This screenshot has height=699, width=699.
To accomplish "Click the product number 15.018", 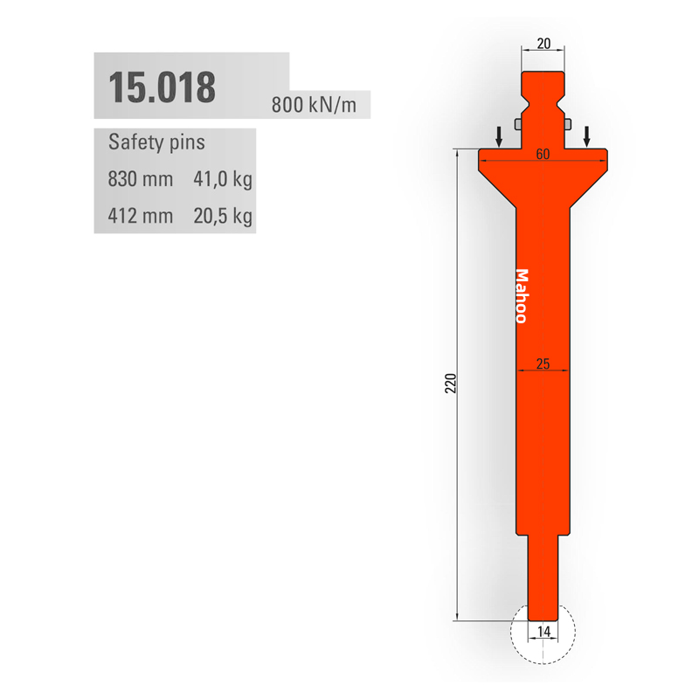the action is pyautogui.click(x=163, y=87).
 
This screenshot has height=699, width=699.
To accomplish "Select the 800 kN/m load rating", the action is pyautogui.click(x=314, y=105).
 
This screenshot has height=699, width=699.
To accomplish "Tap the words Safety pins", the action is pyautogui.click(x=156, y=142).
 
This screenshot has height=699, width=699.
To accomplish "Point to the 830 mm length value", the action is pyautogui.click(x=141, y=179).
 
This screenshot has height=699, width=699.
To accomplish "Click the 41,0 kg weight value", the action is pyautogui.click(x=223, y=179).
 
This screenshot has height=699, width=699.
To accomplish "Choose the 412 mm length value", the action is pyautogui.click(x=141, y=216).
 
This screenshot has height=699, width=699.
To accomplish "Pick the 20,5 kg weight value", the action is pyautogui.click(x=223, y=216).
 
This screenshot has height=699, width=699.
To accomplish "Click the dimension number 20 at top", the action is pyautogui.click(x=543, y=44).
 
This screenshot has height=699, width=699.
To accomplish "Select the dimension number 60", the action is pyautogui.click(x=543, y=155).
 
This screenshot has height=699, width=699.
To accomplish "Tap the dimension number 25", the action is pyautogui.click(x=543, y=363).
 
